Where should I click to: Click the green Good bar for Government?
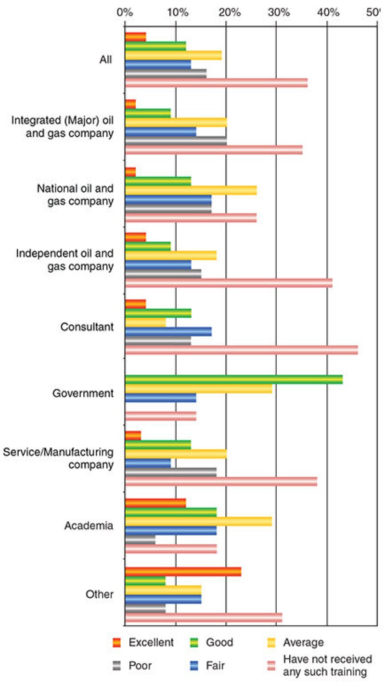point(233,380)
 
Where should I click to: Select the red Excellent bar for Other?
point(183,571)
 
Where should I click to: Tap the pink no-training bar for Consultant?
point(241,350)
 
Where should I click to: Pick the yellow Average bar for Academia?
point(198,521)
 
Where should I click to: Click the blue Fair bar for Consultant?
point(168,331)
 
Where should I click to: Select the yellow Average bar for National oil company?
point(191,190)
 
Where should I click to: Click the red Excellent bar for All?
point(135,37)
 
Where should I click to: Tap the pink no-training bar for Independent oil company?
point(229,283)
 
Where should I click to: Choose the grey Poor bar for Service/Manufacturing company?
point(170,473)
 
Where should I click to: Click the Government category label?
point(83,393)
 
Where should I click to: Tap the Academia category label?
point(89,525)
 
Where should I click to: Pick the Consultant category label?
point(87,327)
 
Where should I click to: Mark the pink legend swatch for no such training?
point(271,665)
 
